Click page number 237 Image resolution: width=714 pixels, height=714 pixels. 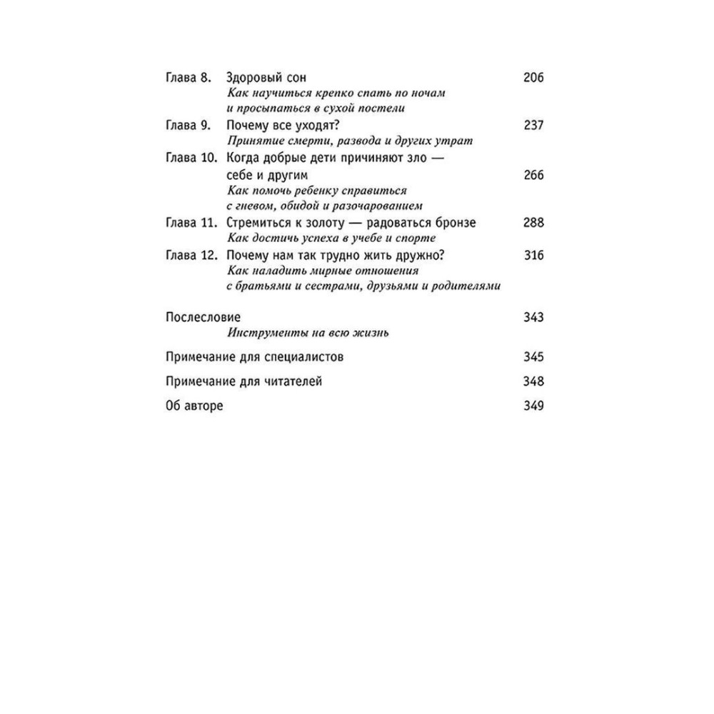[x=533, y=125]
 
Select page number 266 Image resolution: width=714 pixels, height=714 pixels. [x=533, y=175]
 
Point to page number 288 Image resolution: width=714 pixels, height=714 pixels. [x=533, y=223]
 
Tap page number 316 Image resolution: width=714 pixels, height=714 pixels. [x=533, y=256]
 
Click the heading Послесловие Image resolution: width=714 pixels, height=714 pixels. [x=202, y=317]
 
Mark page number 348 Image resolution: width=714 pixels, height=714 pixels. [x=533, y=381]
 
